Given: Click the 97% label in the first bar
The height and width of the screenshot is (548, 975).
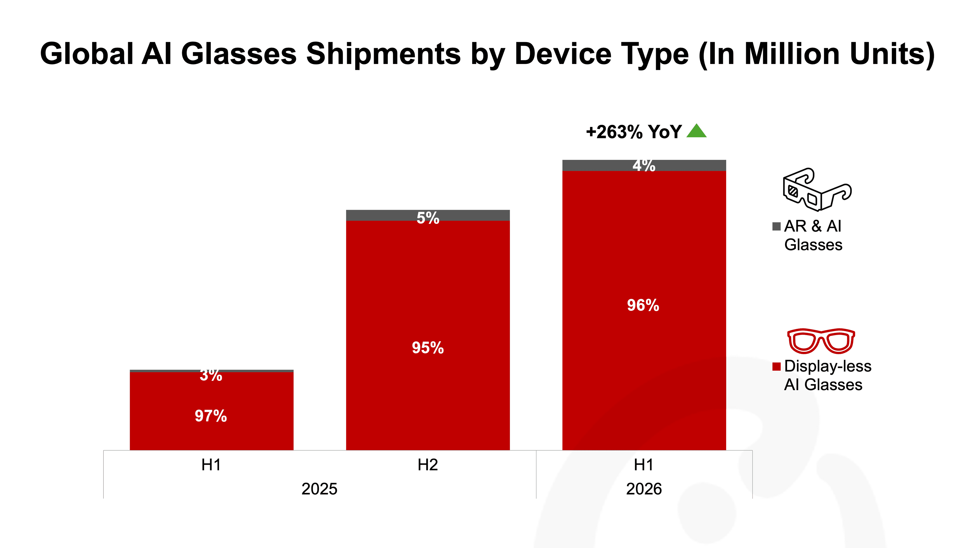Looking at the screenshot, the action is pos(211,416).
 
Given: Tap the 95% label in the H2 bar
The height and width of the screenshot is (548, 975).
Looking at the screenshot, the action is pos(428,348).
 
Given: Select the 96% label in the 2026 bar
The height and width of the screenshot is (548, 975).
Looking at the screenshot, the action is pos(643,305).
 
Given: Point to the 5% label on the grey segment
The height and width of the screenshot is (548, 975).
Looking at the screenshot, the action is pos(428,218).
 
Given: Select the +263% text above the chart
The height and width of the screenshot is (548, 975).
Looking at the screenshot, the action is pos(614,132).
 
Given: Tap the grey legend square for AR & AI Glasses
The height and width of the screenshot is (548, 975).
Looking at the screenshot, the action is pos(776,226).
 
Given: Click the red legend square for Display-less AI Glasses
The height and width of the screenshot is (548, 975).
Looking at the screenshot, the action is pos(776,366).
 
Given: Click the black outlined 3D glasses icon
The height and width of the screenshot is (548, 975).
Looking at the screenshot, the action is pos(817,189).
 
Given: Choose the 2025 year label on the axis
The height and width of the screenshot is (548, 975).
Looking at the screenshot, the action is pos(319,489).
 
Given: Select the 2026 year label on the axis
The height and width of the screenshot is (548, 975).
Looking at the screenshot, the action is pos(644,489).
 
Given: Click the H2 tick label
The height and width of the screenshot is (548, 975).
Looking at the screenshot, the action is pos(428,465).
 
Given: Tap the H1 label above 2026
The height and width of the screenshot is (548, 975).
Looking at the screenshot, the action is pos(644,465).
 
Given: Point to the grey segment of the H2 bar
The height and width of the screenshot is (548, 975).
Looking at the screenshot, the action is pos(428,215).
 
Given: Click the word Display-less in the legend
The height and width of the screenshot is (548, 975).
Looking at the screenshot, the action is pos(828,366).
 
